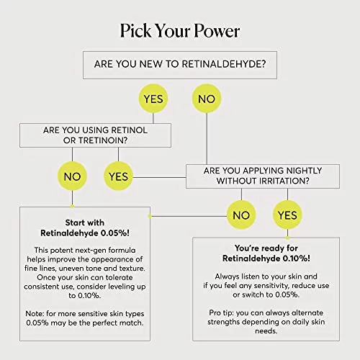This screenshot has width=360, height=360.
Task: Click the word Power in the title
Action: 217,31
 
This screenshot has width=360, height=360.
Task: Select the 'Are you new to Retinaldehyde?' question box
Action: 180,65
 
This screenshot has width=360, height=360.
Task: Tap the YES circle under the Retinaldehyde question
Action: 153,99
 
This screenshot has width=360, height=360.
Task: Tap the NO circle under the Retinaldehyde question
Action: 207,99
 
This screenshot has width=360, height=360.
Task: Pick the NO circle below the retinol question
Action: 72,176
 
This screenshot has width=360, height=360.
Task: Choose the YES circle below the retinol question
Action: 118,176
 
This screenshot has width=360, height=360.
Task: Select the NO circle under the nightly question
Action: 241,215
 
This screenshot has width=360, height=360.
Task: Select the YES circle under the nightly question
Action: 287,215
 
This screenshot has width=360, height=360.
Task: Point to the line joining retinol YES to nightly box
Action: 159,178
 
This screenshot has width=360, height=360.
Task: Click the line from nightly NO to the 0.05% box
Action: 189,216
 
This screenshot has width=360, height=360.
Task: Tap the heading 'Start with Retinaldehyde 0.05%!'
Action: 85,228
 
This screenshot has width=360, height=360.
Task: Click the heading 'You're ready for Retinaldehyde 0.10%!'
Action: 266,253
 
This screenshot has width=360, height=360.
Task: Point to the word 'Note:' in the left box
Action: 35,314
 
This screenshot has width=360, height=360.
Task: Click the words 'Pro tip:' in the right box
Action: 221,313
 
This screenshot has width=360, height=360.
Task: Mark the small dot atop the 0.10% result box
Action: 287,238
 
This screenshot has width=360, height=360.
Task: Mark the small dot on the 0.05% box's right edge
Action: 150,216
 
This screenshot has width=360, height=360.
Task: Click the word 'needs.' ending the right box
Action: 266,331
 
